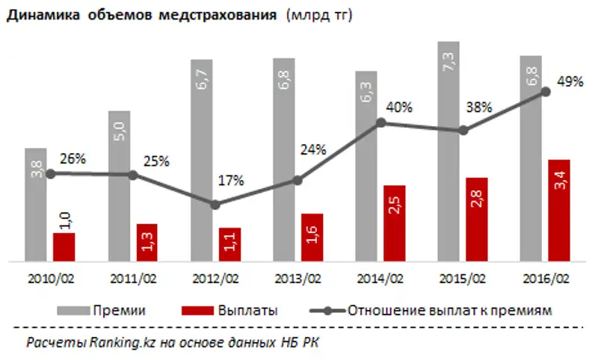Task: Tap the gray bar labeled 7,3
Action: (449, 149)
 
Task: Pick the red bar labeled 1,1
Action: (230, 244)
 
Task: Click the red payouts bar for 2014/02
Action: (394, 223)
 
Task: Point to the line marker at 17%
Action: (215, 204)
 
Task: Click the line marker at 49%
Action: (546, 92)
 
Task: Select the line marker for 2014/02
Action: (380, 122)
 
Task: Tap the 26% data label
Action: (73, 159)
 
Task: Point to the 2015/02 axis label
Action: (463, 279)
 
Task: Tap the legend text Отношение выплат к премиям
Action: (449, 311)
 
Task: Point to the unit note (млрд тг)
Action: (315, 15)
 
